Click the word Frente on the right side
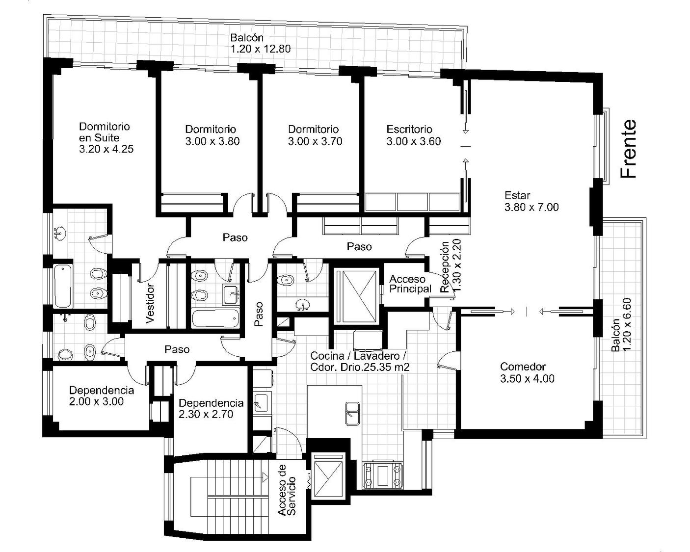coord(628,149)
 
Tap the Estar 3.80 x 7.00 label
coord(531,201)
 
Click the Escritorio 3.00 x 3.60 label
coord(413,135)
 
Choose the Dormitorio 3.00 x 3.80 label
coord(212,135)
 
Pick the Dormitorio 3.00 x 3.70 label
coord(315,135)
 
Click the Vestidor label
coord(150,303)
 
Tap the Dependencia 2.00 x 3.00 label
coord(101,395)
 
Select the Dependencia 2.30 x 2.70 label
coord(211,408)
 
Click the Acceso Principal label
coord(410,284)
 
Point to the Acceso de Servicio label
coord(287,490)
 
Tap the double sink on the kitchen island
coord(352,414)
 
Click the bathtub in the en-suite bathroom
coord(63,286)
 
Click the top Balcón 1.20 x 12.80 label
coord(261,43)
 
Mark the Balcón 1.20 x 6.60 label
coord(621,325)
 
